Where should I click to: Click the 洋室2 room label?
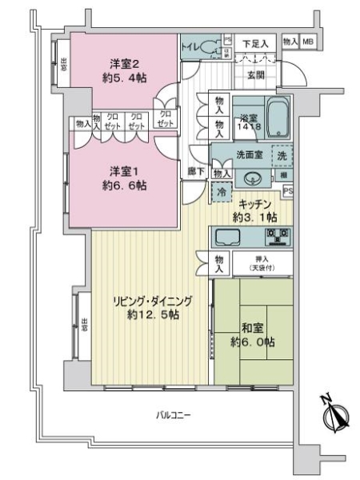pos(121,63)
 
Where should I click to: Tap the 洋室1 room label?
pos(121,170)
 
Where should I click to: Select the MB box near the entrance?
pos(308,42)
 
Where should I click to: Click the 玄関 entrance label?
pos(255,75)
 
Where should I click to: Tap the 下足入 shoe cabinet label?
pos(255,42)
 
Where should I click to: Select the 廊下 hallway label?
pos(194,171)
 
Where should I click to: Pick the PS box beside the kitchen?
pos(287,191)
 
